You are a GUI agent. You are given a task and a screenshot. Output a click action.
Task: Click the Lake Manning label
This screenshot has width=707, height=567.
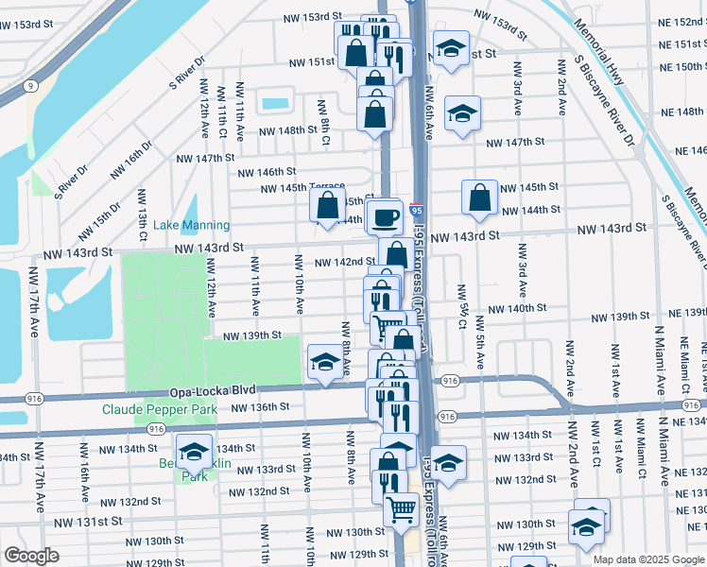(x=192, y=225)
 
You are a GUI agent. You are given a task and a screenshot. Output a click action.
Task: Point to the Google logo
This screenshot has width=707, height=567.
(x=31, y=556)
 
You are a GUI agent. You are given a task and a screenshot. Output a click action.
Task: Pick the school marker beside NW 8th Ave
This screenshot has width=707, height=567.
(x=325, y=361)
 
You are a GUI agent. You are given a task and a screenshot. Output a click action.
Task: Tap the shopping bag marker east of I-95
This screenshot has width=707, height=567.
(x=479, y=197)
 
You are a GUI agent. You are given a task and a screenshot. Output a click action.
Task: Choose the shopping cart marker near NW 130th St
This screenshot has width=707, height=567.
(x=401, y=510)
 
